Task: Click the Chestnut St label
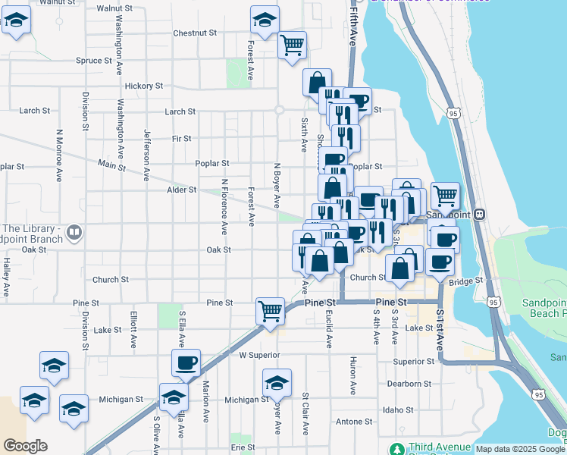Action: [195, 33]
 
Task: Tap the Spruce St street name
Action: [94, 61]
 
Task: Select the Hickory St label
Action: [144, 86]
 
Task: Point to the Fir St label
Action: [182, 139]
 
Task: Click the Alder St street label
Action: [182, 190]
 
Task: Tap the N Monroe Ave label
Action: [58, 155]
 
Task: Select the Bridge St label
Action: [466, 281]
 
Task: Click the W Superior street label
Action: [259, 354]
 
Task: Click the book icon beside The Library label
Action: [74, 232]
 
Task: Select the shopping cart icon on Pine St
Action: [270, 310]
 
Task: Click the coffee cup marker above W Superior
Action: [186, 362]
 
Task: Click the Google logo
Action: [25, 446]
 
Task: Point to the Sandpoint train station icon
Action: [480, 215]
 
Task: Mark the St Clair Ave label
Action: [305, 414]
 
